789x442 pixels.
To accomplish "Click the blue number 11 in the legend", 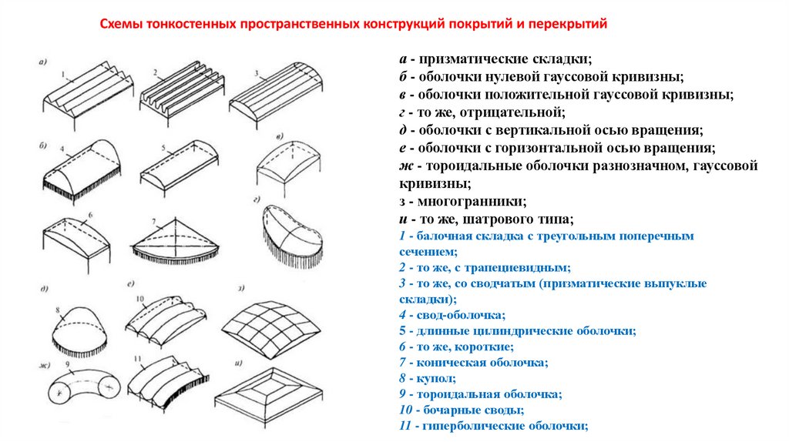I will (405, 425).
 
